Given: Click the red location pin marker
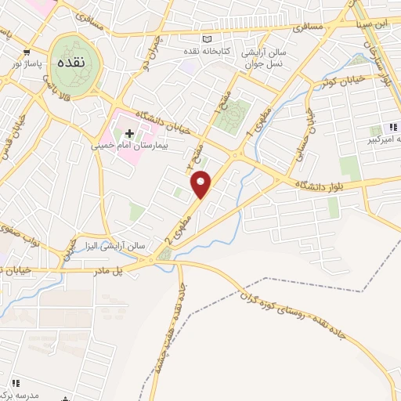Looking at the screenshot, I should click(202, 184).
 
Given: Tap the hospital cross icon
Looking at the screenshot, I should click(130, 133).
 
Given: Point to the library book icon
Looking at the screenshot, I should click(207, 39).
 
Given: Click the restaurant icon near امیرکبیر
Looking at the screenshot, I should click(393, 126).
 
